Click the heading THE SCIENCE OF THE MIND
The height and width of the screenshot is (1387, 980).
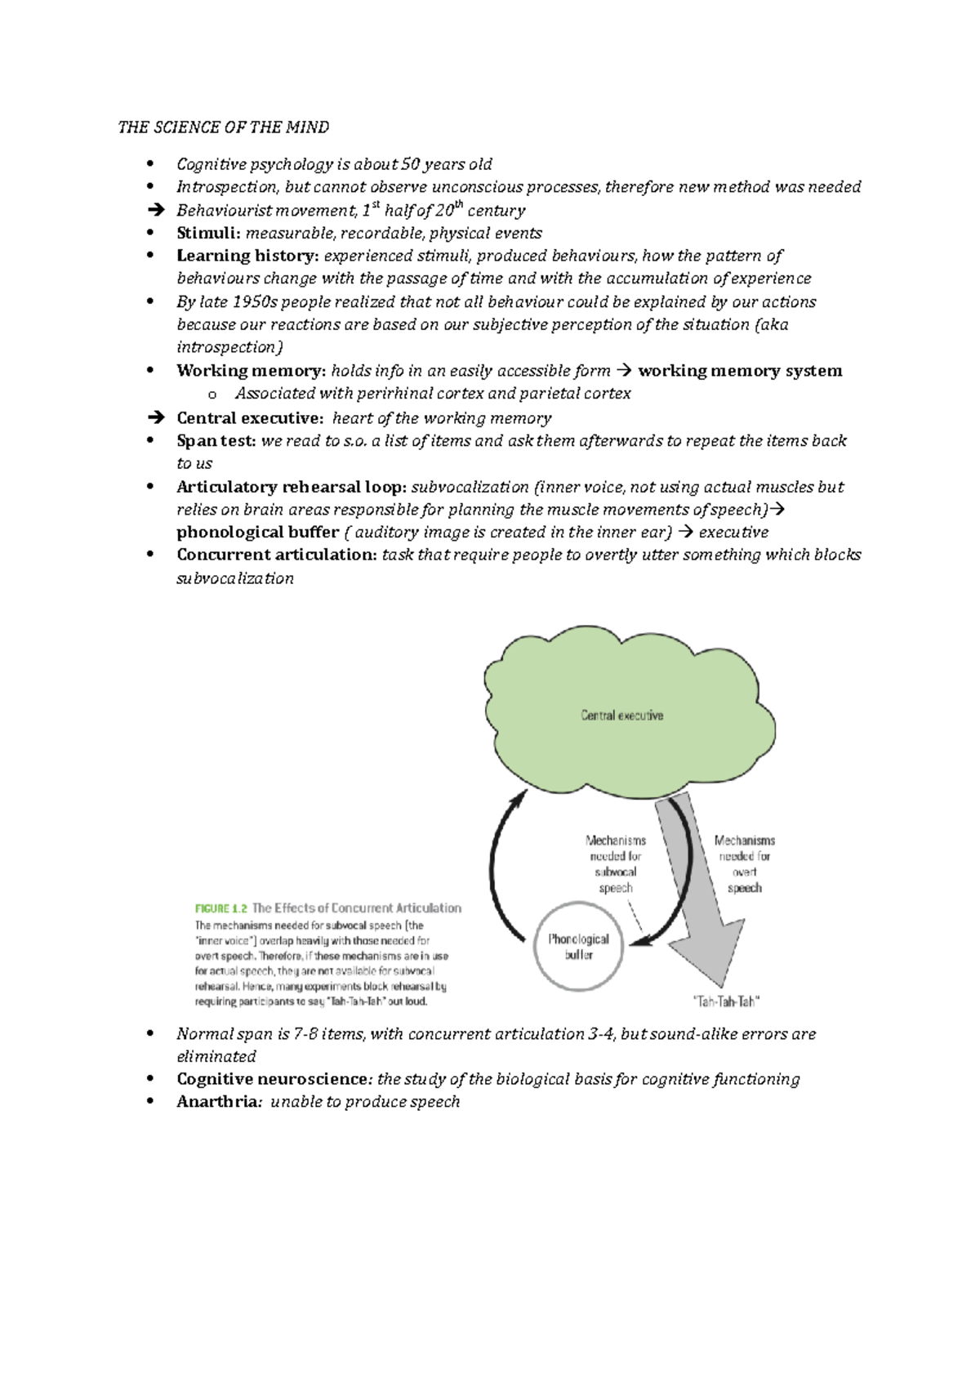223,127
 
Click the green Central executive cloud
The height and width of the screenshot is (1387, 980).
622,716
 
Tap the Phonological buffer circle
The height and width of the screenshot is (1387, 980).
578,947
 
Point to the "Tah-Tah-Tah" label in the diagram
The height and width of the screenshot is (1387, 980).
726,1001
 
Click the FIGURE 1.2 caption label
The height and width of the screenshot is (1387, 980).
220,908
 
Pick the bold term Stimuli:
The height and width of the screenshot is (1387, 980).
208,234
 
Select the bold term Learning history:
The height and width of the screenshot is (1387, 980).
247,256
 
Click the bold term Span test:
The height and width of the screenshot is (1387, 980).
216,441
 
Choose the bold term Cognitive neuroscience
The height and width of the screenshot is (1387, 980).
272,1079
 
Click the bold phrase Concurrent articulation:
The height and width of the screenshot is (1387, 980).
277,555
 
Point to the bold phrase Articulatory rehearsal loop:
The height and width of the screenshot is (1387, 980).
292,487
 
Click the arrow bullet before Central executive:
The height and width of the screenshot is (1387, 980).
155,418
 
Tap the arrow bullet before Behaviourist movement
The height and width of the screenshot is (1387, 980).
155,211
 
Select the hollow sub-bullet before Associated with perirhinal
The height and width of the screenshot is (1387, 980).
212,395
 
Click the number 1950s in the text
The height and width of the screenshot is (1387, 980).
255,302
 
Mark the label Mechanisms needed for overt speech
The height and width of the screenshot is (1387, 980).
744,864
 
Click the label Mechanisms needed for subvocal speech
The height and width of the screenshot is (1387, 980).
616,864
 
